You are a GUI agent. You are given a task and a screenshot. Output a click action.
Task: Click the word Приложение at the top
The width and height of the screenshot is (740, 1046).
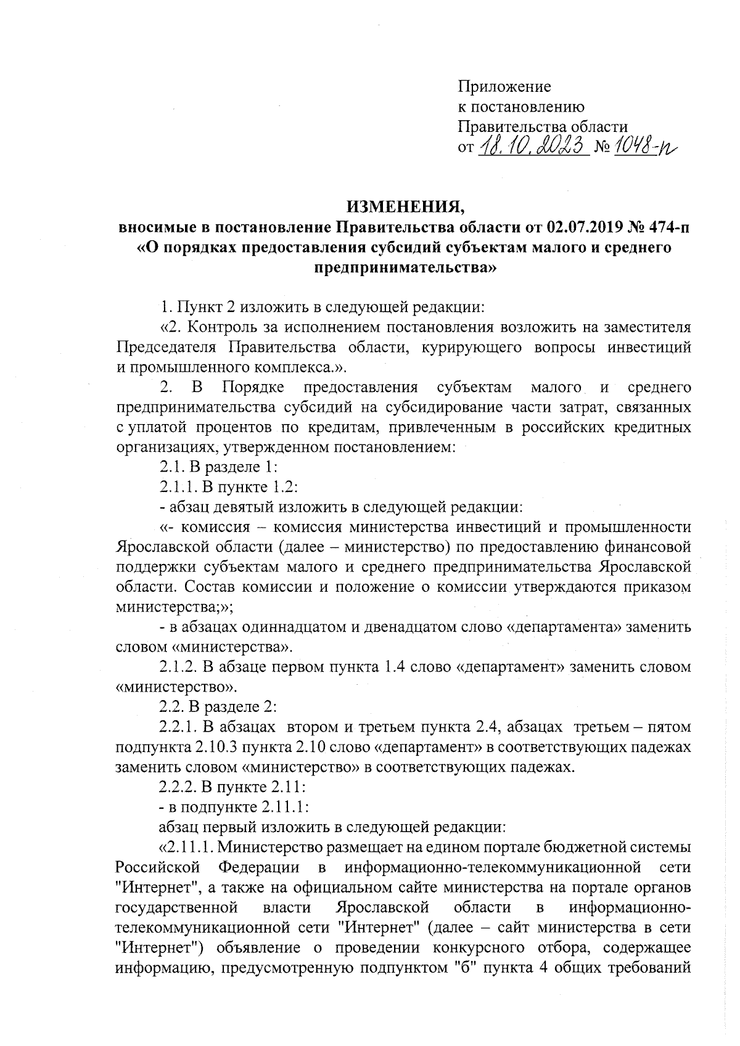tap(503, 87)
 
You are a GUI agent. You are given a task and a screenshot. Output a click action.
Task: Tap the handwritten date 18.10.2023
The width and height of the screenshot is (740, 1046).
tap(531, 147)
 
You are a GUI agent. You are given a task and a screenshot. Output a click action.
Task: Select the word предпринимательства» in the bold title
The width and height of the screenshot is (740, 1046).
tap(404, 268)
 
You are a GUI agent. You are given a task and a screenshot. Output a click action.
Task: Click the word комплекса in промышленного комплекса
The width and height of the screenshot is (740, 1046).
tap(298, 367)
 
